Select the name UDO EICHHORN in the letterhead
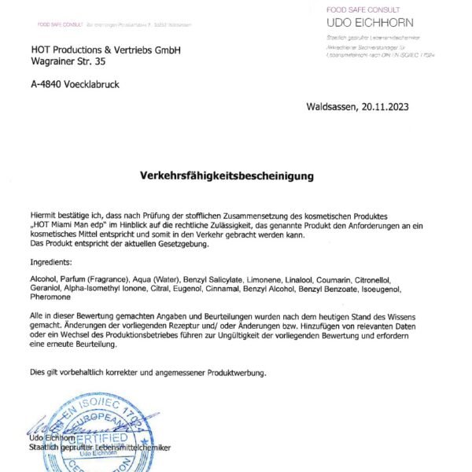370,22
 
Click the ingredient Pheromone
50,297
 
